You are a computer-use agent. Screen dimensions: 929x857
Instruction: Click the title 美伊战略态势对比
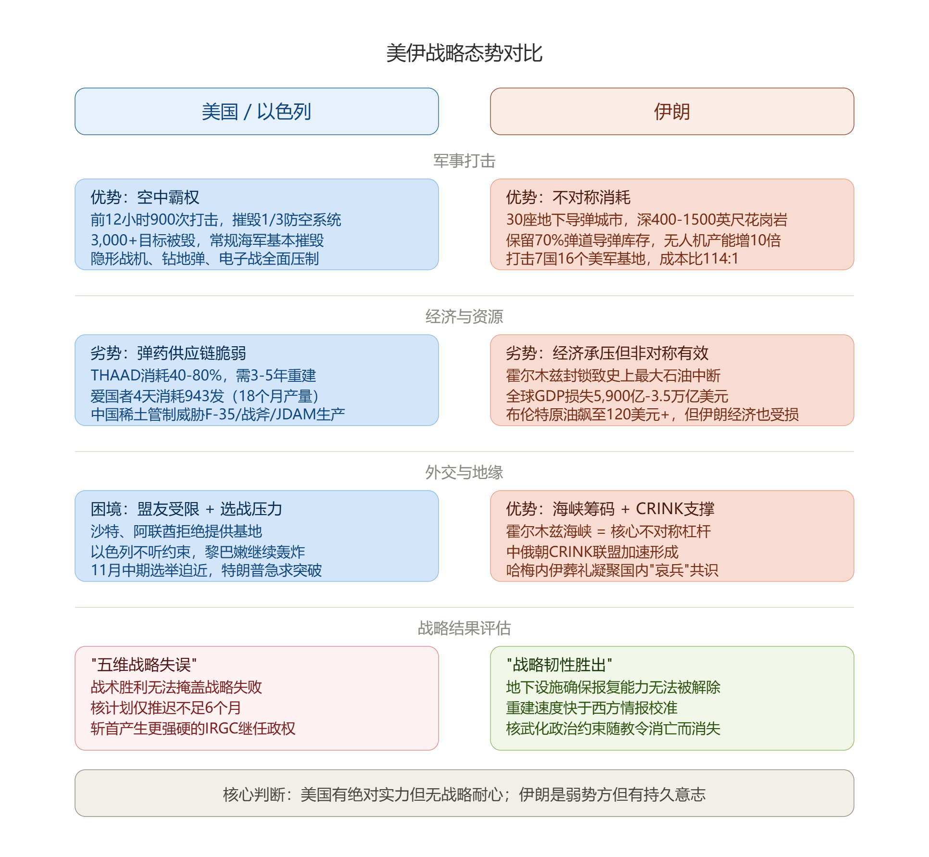click(x=464, y=53)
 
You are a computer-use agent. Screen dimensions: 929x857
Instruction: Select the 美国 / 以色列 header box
click(x=257, y=111)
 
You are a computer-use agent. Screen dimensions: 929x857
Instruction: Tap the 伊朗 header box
click(x=672, y=111)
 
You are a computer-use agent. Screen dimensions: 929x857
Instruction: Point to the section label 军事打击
click(x=464, y=161)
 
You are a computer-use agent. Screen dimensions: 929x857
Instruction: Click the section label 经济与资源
click(x=464, y=316)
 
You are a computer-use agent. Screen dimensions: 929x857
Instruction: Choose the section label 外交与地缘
click(x=464, y=472)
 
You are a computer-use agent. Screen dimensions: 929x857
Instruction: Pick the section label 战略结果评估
click(x=464, y=628)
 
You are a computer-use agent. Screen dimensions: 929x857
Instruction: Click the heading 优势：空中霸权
click(x=145, y=197)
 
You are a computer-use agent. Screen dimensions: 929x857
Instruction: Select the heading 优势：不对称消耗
click(x=568, y=197)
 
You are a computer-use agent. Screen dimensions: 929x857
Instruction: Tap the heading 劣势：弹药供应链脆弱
click(x=168, y=353)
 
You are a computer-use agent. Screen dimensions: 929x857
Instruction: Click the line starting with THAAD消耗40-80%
click(x=203, y=375)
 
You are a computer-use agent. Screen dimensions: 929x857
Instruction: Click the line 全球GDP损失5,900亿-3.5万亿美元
click(x=617, y=396)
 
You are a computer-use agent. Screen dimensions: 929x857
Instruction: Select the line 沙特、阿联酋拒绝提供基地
click(x=176, y=531)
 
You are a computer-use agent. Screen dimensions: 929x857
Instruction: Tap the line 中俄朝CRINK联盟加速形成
click(x=592, y=552)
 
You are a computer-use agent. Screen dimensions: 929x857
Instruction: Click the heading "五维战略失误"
click(x=144, y=665)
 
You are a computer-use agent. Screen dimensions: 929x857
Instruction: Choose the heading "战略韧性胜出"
click(x=559, y=665)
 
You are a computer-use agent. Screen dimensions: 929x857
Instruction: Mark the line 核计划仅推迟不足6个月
click(x=166, y=707)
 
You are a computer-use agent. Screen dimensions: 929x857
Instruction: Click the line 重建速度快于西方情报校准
click(x=591, y=707)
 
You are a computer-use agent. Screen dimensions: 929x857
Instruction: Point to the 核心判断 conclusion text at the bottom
click(x=464, y=794)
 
